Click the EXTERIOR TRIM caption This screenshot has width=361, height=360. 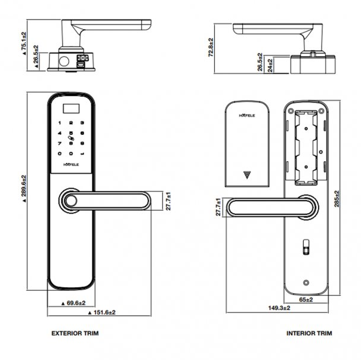[75, 333]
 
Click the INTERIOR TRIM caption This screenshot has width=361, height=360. [309, 333]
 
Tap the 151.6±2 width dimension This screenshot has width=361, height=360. [101, 312]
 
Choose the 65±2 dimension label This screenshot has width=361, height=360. [305, 299]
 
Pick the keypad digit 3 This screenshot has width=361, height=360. [83, 122]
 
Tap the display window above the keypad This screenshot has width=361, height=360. [72, 109]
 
